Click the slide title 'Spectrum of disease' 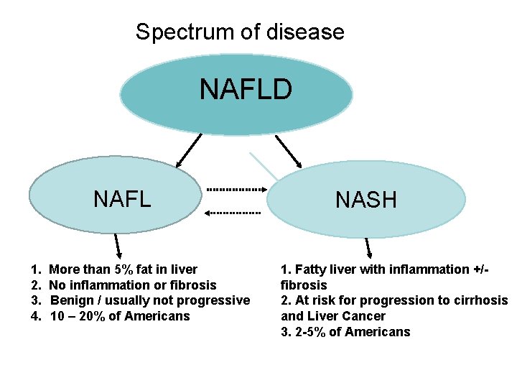click(x=240, y=32)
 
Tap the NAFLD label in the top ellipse click(x=246, y=90)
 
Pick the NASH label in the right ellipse click(x=365, y=200)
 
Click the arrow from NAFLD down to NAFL click(x=189, y=151)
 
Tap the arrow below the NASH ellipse click(x=368, y=246)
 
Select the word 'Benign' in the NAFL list click(x=73, y=300)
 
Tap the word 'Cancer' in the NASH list click(x=363, y=316)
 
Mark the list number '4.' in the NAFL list click(x=36, y=316)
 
